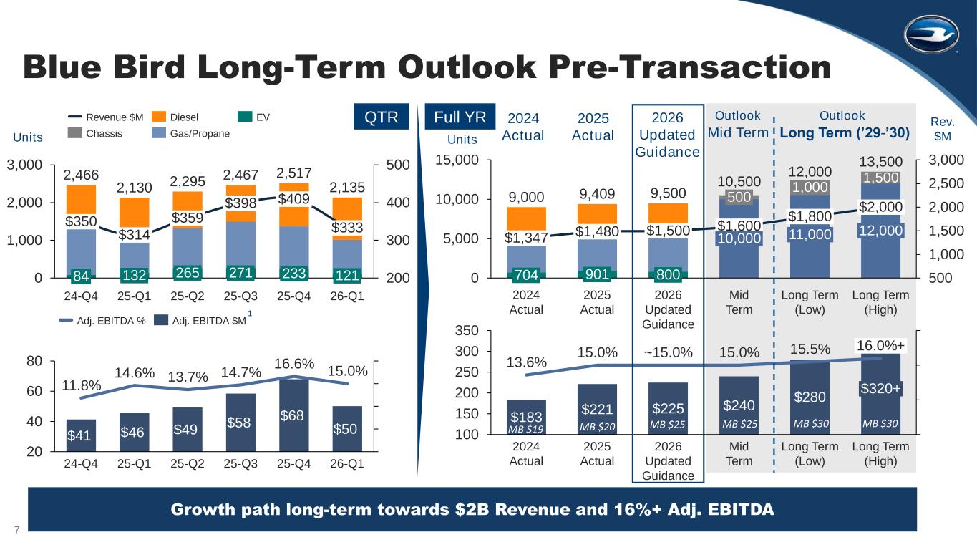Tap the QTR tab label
(381, 117)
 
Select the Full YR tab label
(456, 117)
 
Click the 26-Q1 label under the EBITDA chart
(346, 463)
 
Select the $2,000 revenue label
(880, 208)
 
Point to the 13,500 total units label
(880, 162)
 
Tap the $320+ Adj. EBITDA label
(880, 388)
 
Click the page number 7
(16, 529)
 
